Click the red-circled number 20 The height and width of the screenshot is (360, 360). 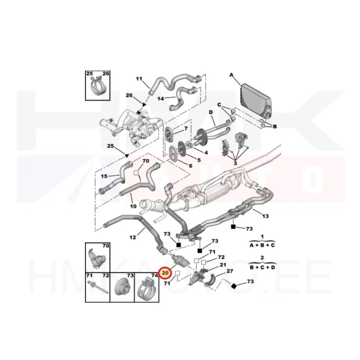point(165,273)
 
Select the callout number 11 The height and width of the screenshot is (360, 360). point(139,79)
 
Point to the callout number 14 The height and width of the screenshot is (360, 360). point(161,99)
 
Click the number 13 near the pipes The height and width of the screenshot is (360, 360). point(265,216)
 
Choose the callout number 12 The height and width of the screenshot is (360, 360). point(133,237)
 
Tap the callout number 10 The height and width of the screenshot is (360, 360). point(133,206)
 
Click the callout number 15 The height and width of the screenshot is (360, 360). point(104,176)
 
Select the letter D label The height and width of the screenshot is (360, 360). point(211,112)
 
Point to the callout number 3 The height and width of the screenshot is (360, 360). point(235,163)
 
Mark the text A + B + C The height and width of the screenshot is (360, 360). point(262,245)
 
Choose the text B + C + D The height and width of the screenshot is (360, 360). point(262,267)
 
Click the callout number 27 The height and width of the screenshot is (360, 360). point(230,271)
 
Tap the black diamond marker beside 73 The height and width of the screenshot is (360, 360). point(234,286)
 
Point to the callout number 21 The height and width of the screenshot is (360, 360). point(223,265)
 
